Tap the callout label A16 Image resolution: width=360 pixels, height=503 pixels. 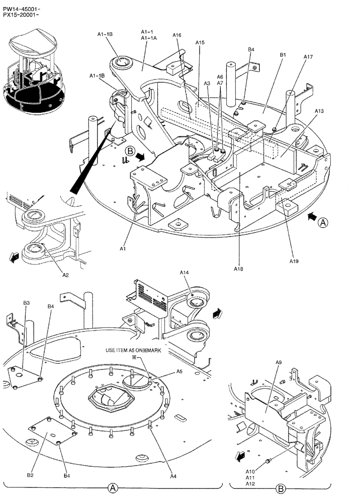177,35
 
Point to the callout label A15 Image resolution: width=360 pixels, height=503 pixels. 200,43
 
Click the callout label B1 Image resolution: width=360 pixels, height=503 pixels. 283,54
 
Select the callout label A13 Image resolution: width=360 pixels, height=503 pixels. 319,111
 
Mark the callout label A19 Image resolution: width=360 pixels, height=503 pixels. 294,261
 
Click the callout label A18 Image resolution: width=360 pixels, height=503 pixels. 238,269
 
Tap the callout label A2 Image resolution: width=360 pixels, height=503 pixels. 65,275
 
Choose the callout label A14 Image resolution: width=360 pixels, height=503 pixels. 184,272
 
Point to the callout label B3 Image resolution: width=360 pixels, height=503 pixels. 27,303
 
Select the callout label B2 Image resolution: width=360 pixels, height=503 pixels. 30,475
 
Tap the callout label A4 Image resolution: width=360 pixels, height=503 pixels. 173,476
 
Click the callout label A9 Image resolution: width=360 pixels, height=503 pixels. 279,363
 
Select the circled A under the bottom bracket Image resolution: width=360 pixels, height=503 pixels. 113,488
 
